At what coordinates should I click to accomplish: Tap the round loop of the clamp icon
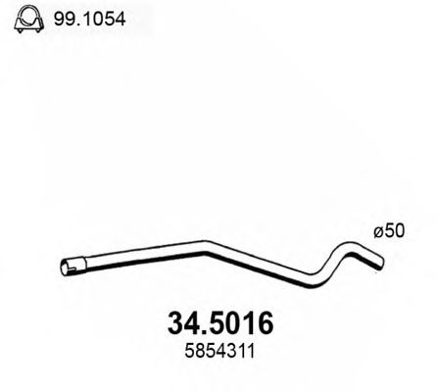coord(26,15)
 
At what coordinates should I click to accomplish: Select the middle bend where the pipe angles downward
coord(208,248)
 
